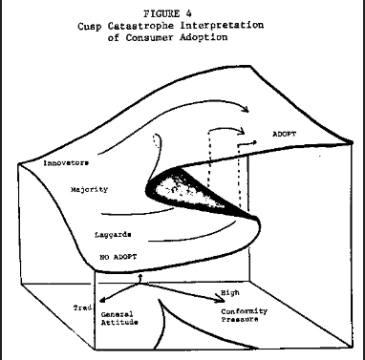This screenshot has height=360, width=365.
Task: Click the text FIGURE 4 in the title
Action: [x=167, y=13]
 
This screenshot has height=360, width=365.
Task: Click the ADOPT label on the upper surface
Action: [x=284, y=134]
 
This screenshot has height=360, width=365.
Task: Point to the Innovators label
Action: [x=66, y=163]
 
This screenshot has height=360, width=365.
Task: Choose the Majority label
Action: [x=89, y=190]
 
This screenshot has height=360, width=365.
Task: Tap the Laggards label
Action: [x=113, y=235]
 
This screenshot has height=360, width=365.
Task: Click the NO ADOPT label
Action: [x=118, y=257]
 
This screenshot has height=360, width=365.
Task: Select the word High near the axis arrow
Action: [x=230, y=293]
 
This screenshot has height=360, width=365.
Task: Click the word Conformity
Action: [x=245, y=311]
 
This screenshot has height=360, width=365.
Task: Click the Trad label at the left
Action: [x=82, y=307]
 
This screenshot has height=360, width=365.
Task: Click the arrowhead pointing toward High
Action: [x=221, y=298]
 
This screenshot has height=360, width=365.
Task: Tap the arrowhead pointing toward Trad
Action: [x=102, y=300]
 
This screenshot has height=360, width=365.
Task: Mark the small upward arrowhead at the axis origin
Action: [x=140, y=275]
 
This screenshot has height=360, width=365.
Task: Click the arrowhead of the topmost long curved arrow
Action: [x=245, y=109]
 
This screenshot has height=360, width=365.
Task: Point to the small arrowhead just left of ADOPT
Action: [x=254, y=142]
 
